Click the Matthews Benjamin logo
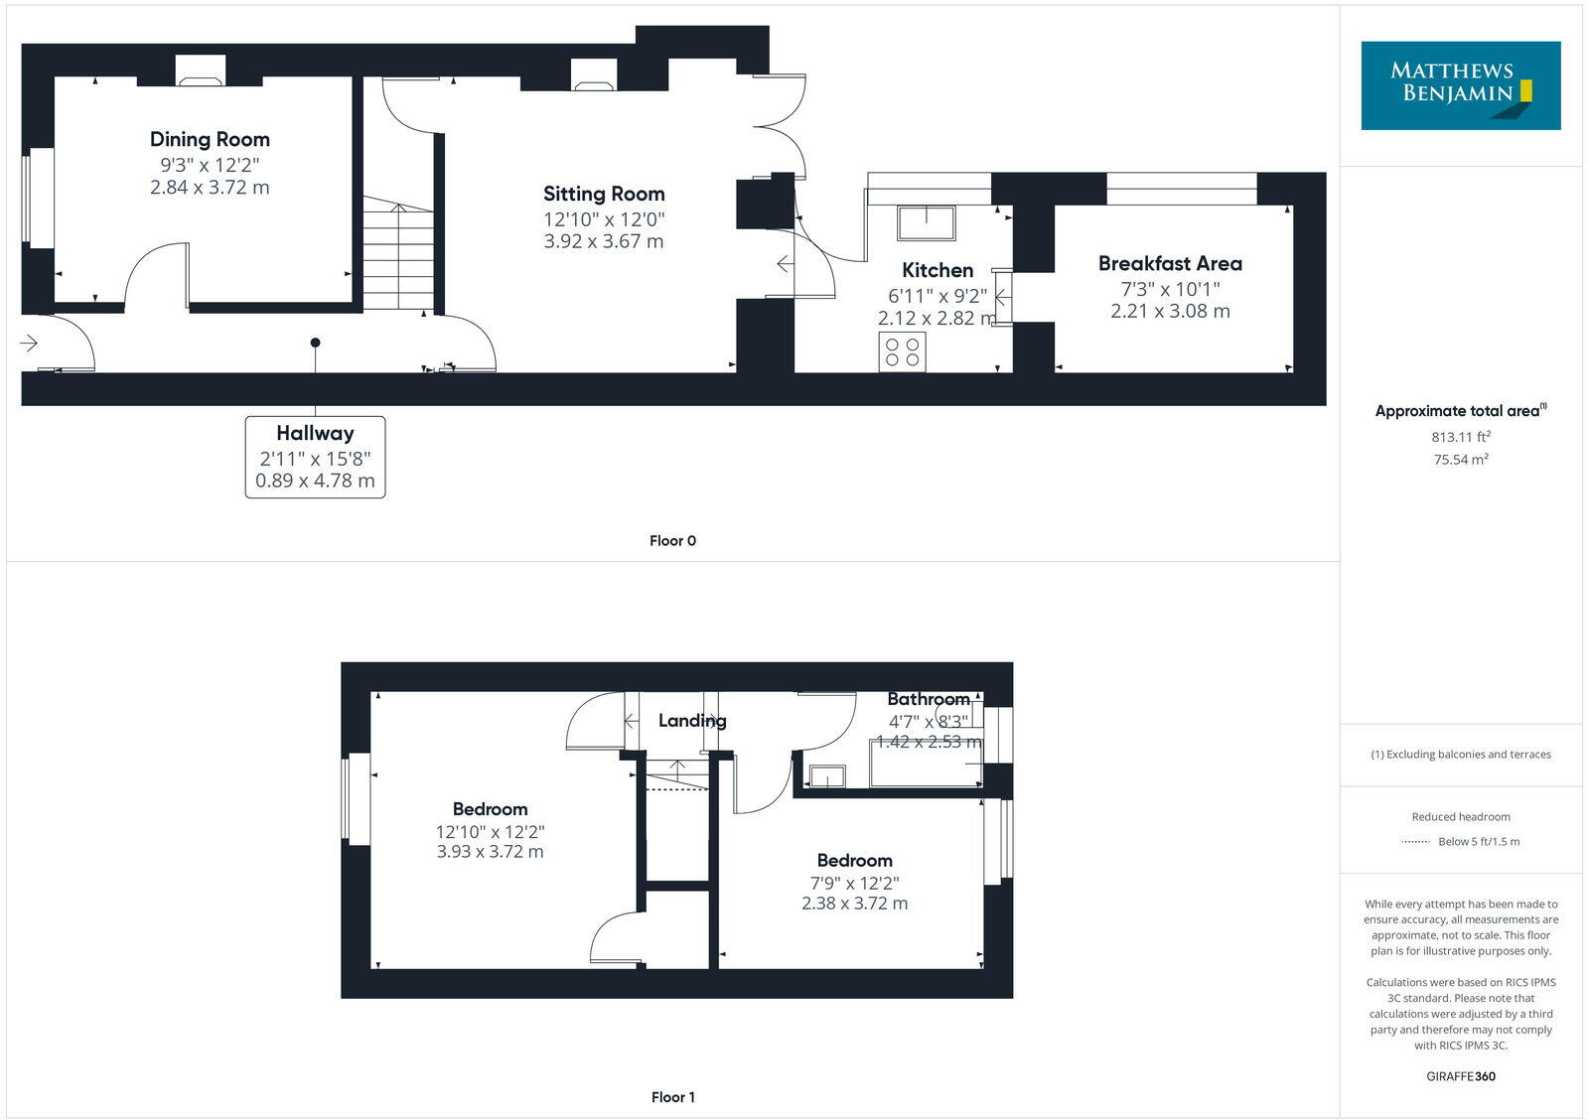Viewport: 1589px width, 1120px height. click(1460, 85)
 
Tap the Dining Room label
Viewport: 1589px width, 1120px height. click(210, 140)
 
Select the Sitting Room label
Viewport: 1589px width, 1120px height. click(604, 195)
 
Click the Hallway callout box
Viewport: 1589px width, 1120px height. click(315, 457)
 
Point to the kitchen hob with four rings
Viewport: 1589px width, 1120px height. click(902, 352)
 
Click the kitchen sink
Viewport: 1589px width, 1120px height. click(926, 223)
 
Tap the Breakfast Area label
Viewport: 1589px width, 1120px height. click(1170, 264)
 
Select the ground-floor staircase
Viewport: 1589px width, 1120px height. click(397, 253)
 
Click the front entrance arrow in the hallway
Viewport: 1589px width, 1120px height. click(29, 344)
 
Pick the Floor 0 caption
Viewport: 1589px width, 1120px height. click(672, 541)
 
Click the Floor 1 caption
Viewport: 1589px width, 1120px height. click(672, 1097)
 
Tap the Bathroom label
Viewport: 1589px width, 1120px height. click(928, 700)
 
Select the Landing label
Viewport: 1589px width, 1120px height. click(692, 721)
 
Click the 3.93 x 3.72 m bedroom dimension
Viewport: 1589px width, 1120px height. click(490, 852)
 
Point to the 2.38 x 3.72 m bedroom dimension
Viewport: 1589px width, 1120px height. click(854, 904)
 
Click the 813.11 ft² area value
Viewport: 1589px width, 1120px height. click(1460, 437)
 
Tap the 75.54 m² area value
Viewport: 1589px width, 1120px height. click(1460, 460)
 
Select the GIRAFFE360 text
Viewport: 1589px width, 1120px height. click(1460, 1076)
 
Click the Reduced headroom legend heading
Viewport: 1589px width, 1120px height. click(1460, 817)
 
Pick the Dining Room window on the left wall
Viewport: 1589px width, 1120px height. click(41, 198)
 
